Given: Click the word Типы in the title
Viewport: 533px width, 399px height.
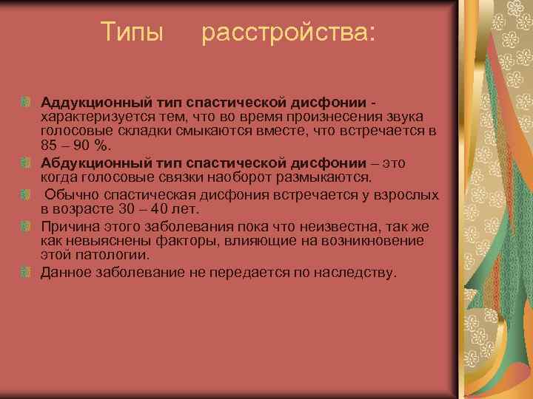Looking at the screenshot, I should click(x=131, y=33).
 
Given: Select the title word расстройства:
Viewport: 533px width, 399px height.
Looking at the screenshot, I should click(x=288, y=33).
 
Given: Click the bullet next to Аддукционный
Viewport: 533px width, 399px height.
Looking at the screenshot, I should click(x=26, y=100).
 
